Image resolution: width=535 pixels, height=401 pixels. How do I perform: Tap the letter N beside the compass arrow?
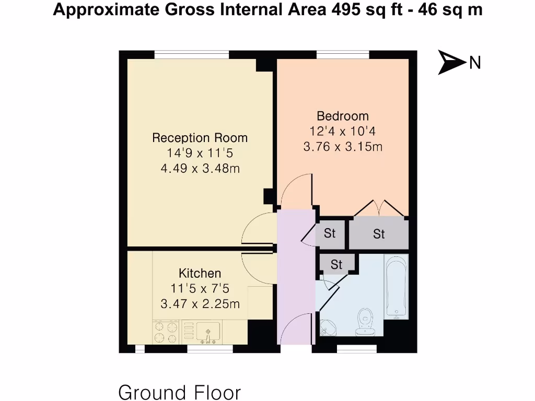[x=474, y=63]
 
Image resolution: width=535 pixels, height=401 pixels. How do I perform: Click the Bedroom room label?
[x=342, y=116]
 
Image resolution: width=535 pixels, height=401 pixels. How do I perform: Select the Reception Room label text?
[x=200, y=138]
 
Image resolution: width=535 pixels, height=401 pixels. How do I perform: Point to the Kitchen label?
[x=200, y=273]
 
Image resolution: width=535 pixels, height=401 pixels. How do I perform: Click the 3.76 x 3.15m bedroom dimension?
[x=342, y=147]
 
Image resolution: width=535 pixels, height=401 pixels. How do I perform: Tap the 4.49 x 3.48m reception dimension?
[x=200, y=169]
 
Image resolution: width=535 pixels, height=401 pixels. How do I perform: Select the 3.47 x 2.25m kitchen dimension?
[x=200, y=303]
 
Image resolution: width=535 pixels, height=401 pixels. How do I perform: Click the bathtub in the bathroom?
[x=396, y=286]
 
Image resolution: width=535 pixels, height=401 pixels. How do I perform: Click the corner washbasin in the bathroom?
[x=328, y=327]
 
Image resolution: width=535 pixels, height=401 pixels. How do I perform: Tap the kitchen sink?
[x=207, y=332]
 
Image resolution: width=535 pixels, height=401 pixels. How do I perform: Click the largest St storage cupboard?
[x=379, y=234]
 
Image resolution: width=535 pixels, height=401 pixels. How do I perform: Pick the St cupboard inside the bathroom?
[x=336, y=264]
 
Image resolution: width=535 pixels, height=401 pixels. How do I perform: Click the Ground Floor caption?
[x=180, y=392]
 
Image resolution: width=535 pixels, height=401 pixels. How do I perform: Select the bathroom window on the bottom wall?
[x=356, y=348]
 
